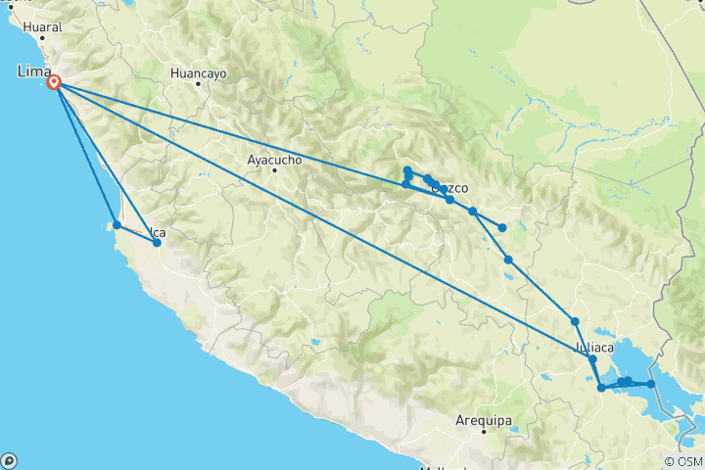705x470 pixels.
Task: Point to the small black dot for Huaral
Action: (41, 40)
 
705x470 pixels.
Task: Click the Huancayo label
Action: (198, 72)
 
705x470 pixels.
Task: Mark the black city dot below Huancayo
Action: (198, 84)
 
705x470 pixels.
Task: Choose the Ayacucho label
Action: (274, 159)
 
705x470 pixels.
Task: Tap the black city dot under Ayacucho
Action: (274, 170)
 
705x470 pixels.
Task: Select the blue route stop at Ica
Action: (157, 242)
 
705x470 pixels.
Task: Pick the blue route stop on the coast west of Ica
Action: (117, 225)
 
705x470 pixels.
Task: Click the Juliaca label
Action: (593, 347)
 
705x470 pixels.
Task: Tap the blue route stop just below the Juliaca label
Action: (592, 359)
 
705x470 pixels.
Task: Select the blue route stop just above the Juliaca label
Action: (575, 321)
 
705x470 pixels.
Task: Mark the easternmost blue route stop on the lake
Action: (650, 384)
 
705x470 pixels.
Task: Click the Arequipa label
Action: (484, 420)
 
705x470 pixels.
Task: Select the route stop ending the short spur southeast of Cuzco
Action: (502, 228)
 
